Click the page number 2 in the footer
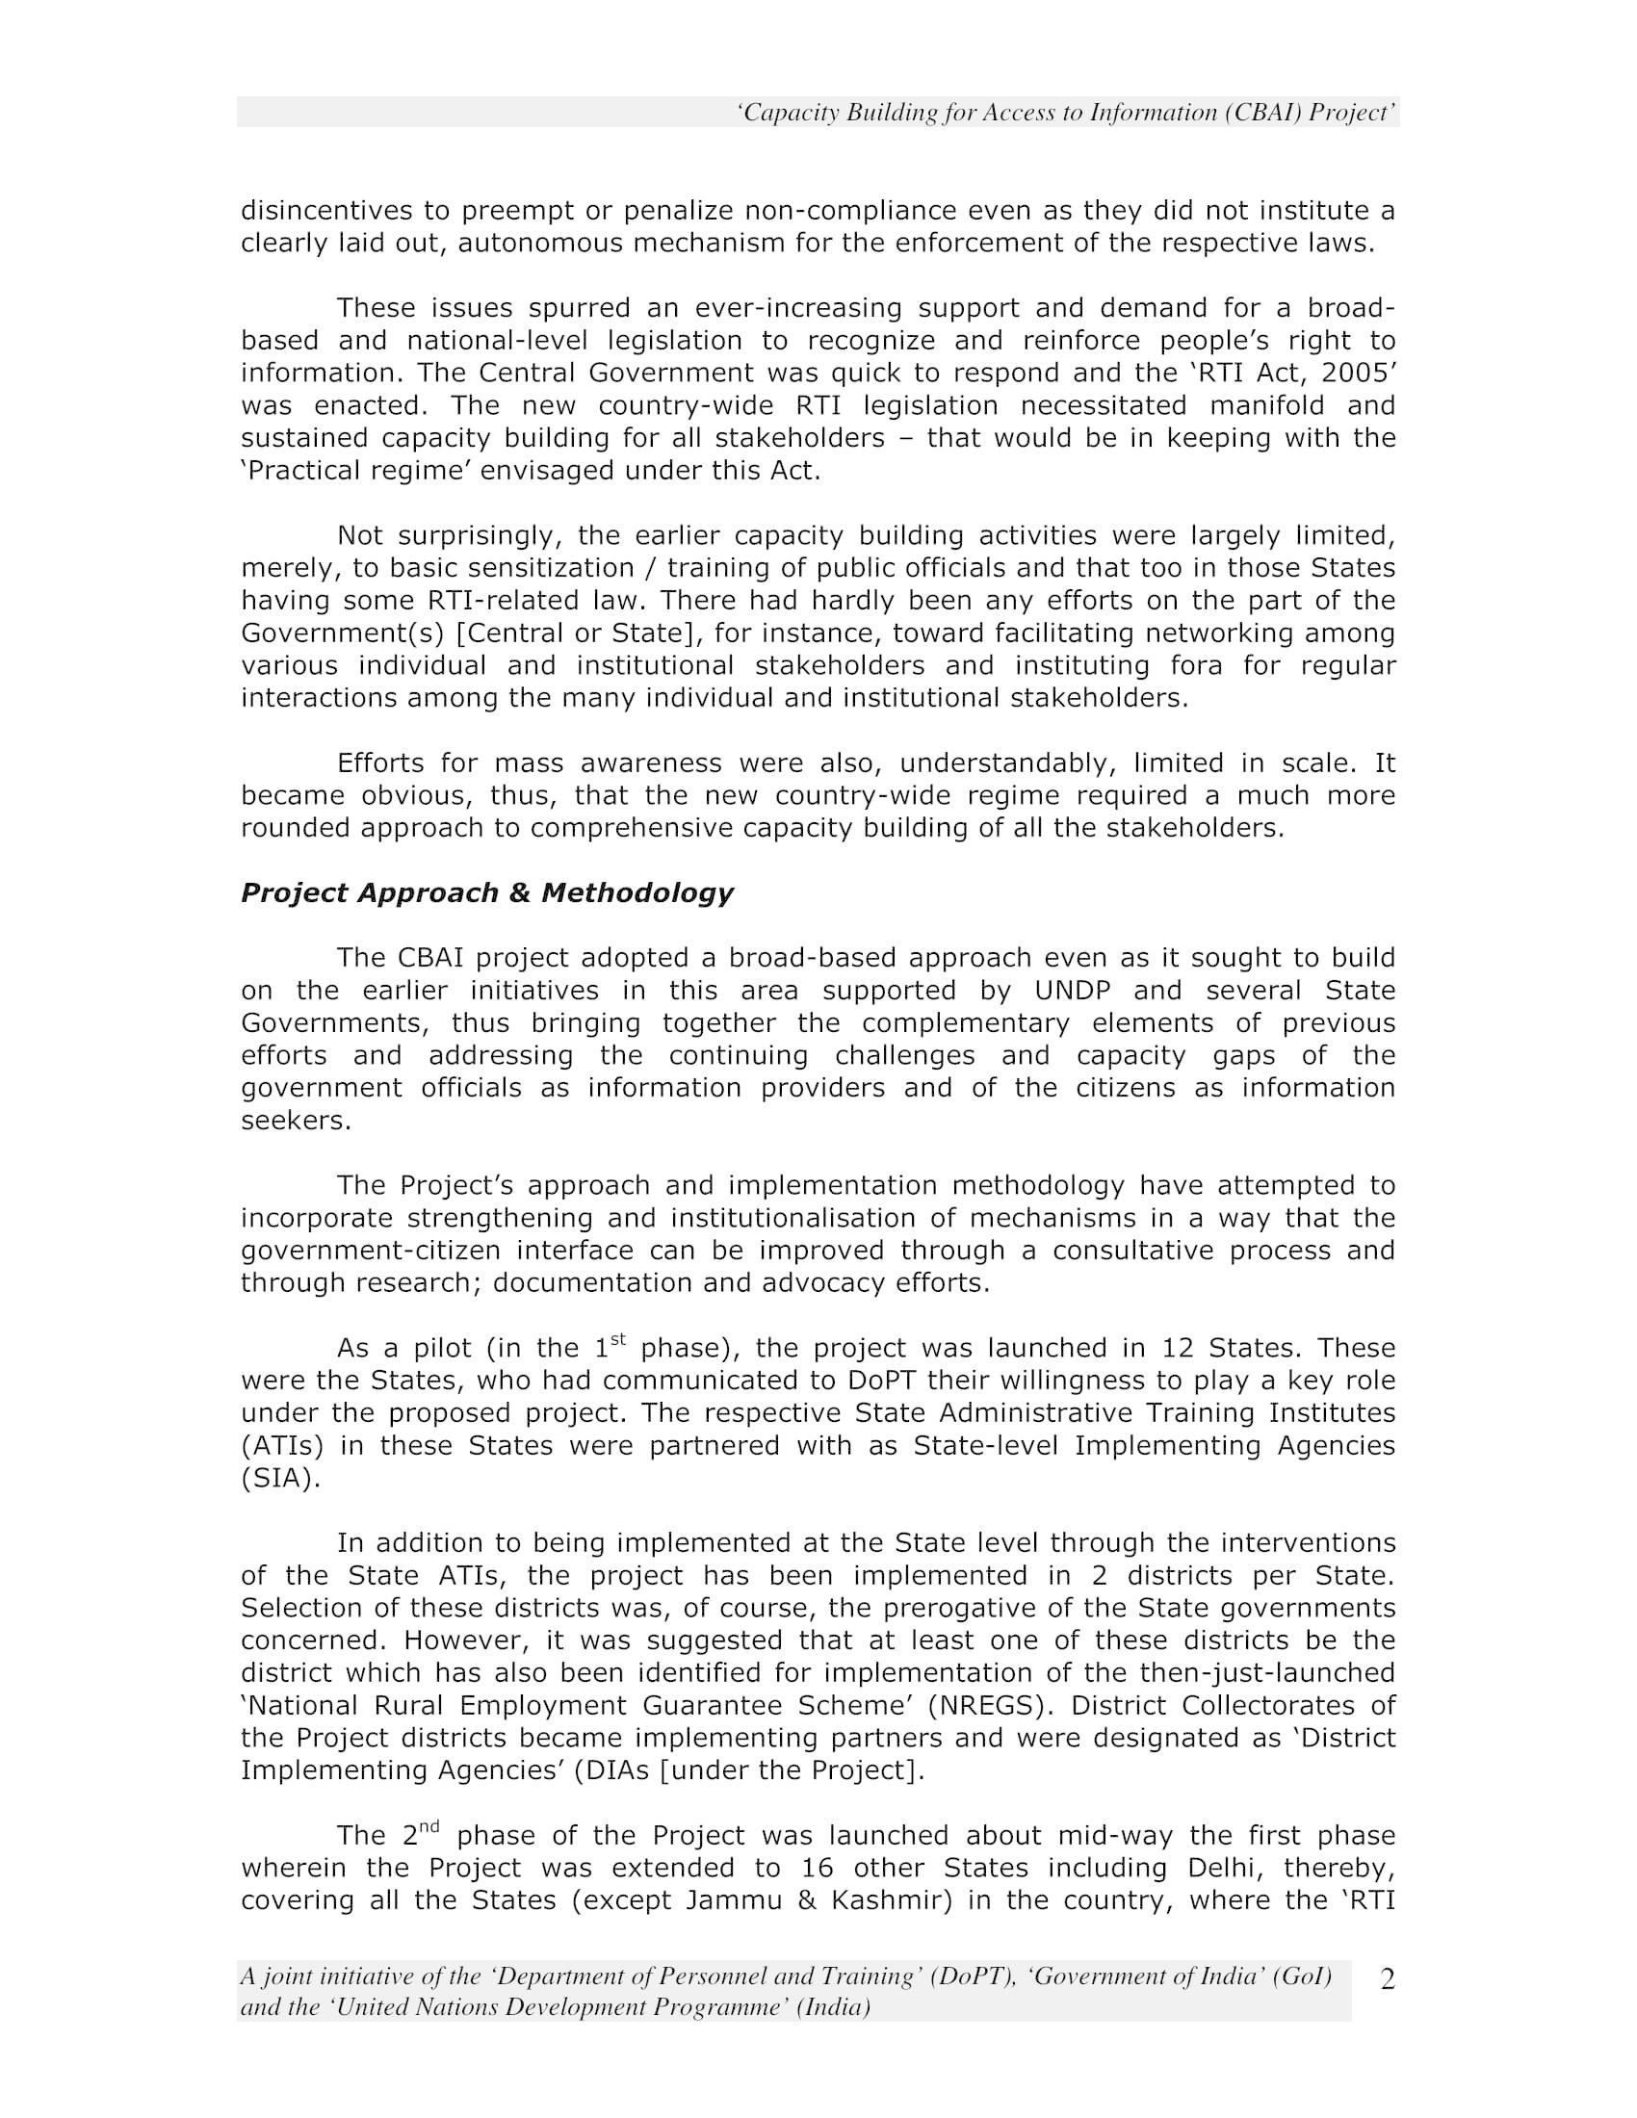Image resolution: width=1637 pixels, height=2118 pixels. (1388, 1980)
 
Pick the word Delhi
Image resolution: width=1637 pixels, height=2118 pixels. (1222, 1868)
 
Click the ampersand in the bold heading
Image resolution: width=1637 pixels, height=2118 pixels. (521, 893)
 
